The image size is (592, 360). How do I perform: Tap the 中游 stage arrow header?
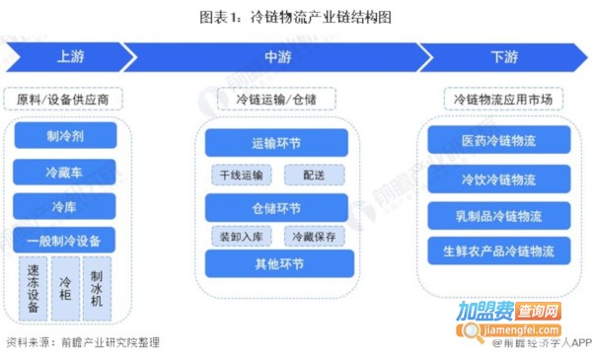point(277,57)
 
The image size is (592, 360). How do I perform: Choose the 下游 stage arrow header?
point(503,57)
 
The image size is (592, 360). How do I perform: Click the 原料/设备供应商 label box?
point(69,99)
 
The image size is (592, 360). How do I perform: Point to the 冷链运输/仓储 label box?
point(277,99)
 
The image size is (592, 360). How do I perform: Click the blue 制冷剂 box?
point(65,136)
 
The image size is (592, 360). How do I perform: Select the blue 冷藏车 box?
point(65,171)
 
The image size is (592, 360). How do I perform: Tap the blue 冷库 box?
point(65,205)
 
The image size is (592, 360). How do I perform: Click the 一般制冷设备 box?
point(65,240)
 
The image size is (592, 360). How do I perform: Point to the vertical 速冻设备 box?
point(33,288)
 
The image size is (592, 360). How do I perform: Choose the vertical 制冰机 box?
point(96,288)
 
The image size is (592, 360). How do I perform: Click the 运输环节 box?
point(276,143)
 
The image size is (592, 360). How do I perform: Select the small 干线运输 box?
point(240,176)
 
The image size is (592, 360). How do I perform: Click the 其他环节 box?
point(276,264)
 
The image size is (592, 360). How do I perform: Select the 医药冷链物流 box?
point(498,141)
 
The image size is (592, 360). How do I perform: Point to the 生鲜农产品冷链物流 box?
point(498,251)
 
